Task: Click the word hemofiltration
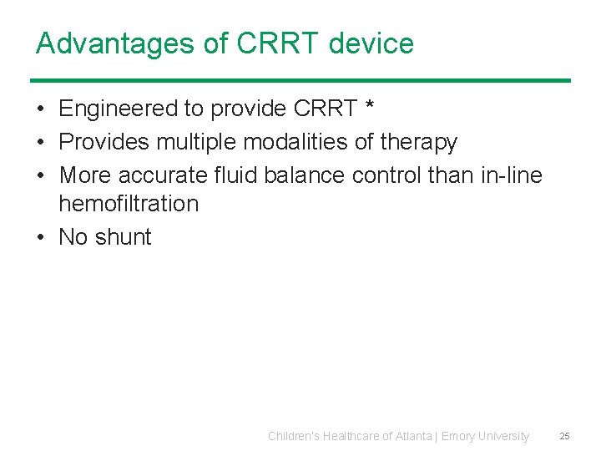(129, 204)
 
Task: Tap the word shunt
(123, 237)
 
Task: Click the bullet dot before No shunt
(40, 237)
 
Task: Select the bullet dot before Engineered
(40, 109)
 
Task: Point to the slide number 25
(564, 436)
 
